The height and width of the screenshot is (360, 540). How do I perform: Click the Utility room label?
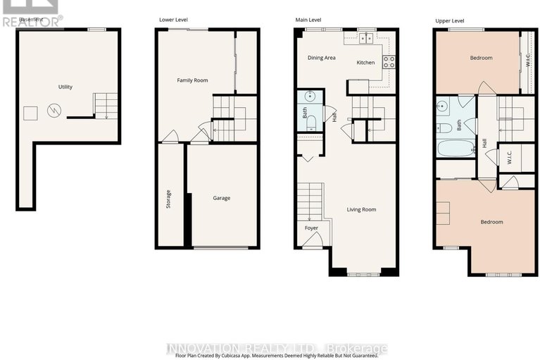pos(65,87)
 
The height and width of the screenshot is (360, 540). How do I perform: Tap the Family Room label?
pos(191,80)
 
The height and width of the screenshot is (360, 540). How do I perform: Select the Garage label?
pos(221,198)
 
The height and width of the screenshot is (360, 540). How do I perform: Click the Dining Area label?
pos(321,58)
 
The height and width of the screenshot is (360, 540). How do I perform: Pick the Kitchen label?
pos(365,63)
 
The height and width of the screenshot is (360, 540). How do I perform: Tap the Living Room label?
pos(362,209)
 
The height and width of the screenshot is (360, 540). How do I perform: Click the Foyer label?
pos(311,228)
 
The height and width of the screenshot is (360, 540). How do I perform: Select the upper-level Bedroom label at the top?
pos(481,58)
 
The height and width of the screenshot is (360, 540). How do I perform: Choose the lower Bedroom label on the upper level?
pos(491,222)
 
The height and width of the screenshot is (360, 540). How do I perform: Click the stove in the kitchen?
pos(388,61)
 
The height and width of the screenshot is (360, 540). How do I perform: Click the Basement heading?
pos(30,20)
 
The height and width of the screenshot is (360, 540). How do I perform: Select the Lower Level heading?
pos(173,20)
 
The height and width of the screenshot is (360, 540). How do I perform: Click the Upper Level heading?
pos(450,20)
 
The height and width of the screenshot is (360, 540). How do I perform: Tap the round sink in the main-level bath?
pos(310,97)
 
